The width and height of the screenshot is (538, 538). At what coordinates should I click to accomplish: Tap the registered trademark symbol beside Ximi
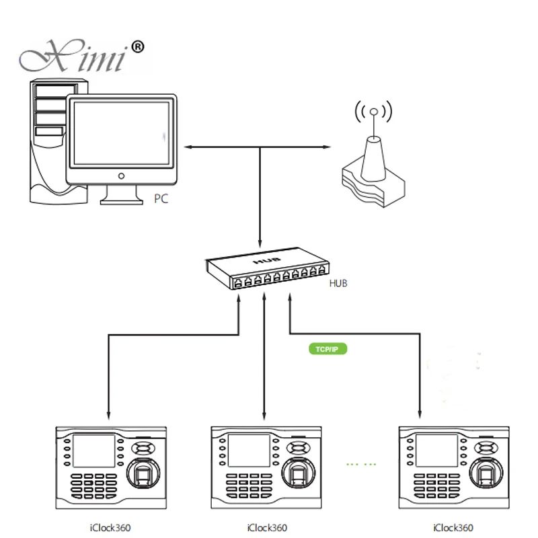137,47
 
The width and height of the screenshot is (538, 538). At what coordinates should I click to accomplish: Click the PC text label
161,198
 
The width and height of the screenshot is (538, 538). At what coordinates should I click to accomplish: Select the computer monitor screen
121,133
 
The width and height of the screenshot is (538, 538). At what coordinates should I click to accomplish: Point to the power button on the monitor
121,176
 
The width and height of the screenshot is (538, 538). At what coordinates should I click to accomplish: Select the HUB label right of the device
338,284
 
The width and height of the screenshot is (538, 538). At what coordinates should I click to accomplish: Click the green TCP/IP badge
326,349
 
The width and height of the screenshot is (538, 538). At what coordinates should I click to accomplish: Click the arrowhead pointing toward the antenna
328,147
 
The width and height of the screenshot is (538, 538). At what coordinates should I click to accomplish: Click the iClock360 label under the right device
453,528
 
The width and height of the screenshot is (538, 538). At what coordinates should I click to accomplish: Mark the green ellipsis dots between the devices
360,464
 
